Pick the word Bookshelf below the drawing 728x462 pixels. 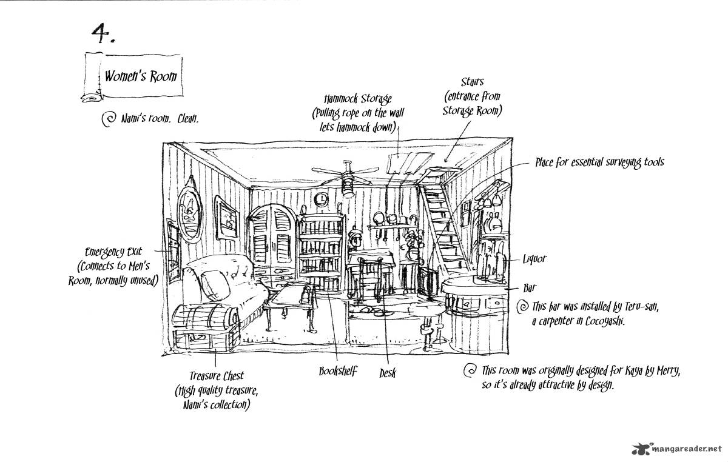(337, 371)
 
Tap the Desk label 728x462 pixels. (387, 373)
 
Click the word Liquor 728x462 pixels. (535, 259)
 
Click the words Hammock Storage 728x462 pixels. (358, 99)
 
